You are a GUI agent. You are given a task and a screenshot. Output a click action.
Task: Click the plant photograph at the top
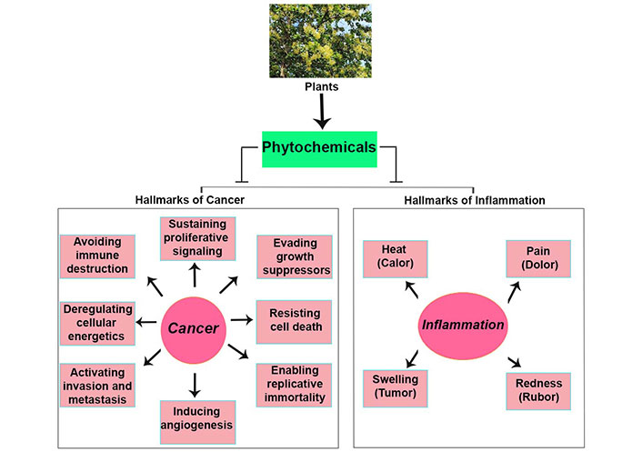(321, 41)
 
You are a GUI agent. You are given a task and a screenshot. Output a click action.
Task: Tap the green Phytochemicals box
(318, 146)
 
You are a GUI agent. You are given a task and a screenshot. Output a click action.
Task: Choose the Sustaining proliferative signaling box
(197, 238)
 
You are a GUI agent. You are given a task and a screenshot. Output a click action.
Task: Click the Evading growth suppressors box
(293, 256)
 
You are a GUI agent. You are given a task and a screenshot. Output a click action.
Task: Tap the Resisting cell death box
(294, 320)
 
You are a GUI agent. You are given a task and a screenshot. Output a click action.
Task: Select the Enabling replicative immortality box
(293, 384)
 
